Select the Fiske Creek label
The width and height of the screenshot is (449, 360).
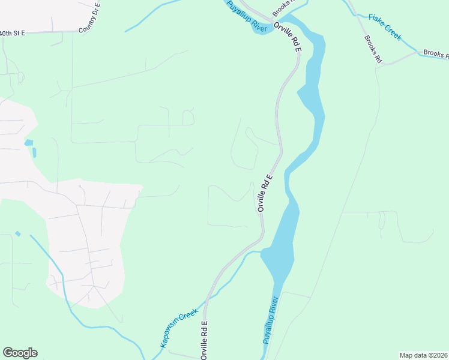385,27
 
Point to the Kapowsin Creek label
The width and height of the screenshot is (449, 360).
179,329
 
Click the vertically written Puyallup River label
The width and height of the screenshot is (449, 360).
270,320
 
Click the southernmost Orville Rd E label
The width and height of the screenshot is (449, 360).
204,340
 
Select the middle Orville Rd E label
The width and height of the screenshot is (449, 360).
265,192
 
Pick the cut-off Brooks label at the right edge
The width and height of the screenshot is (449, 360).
436,54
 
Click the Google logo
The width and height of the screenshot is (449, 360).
20,353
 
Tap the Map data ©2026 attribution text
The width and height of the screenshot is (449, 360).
423,355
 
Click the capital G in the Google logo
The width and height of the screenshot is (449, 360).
7,353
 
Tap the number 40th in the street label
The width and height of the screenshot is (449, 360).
6,34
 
